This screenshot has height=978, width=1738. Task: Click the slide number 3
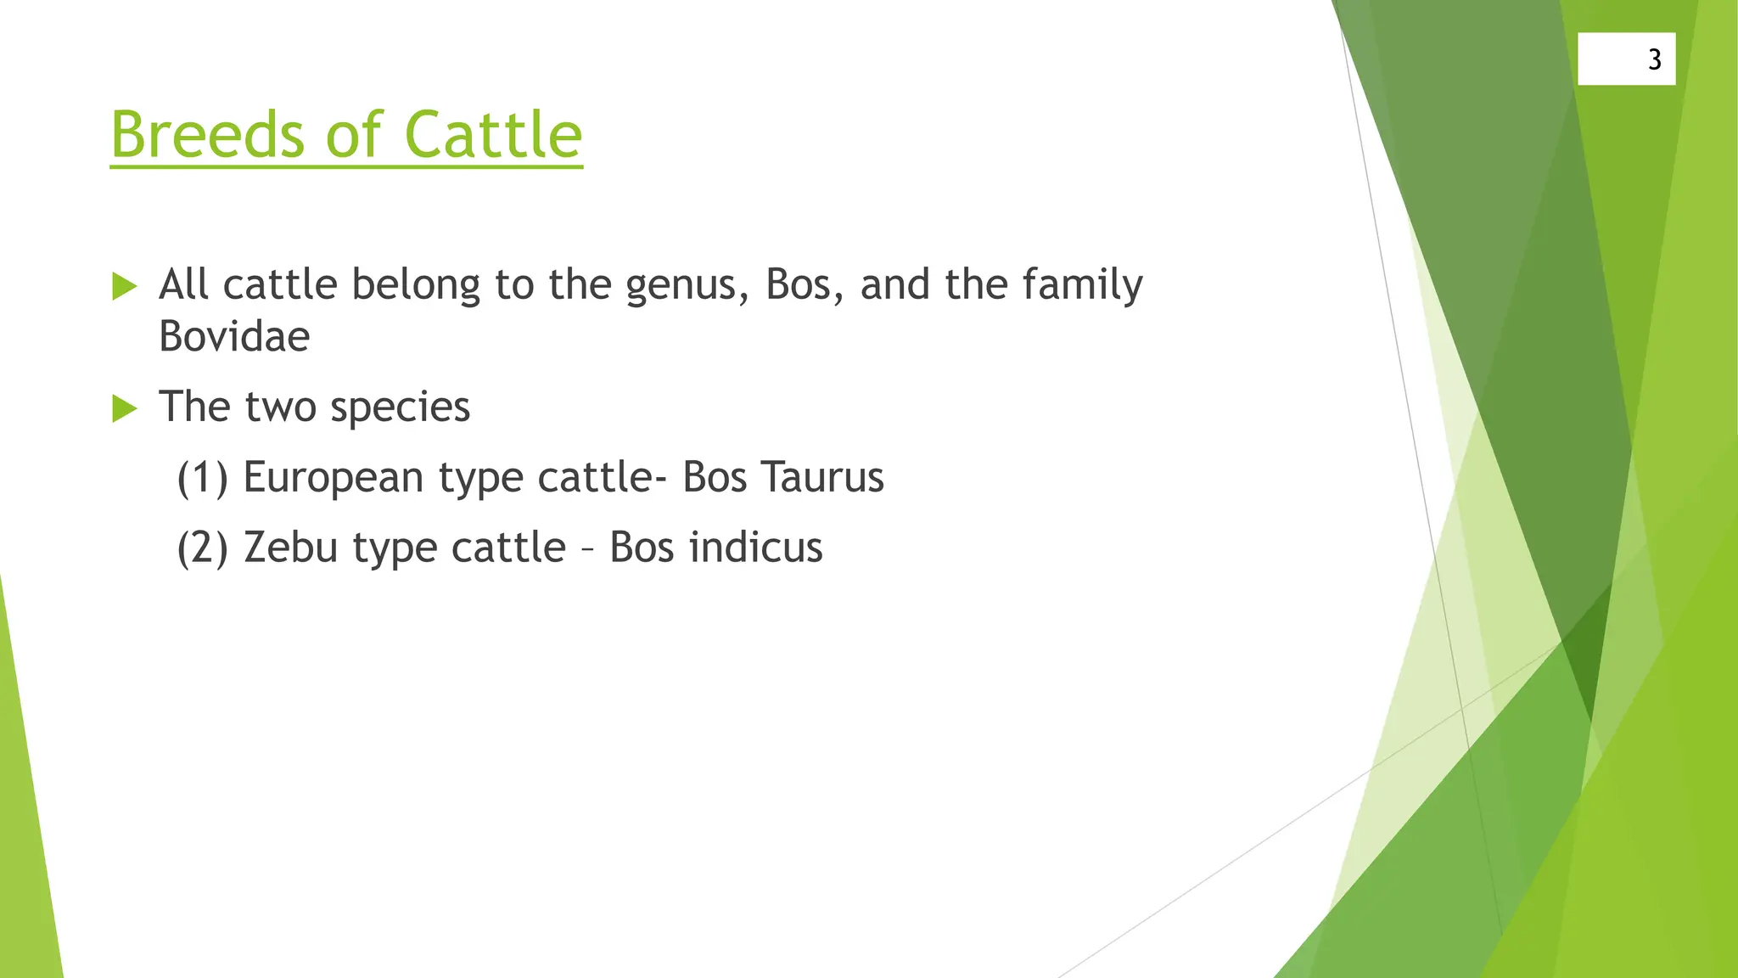(x=1654, y=59)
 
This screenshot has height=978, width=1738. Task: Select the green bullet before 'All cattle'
(x=124, y=287)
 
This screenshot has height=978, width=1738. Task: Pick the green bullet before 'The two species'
(x=124, y=409)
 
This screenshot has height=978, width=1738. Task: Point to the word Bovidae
(x=234, y=336)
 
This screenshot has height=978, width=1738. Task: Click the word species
(x=400, y=407)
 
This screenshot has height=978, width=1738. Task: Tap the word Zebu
(x=291, y=548)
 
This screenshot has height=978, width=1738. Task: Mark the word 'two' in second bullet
(x=279, y=407)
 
